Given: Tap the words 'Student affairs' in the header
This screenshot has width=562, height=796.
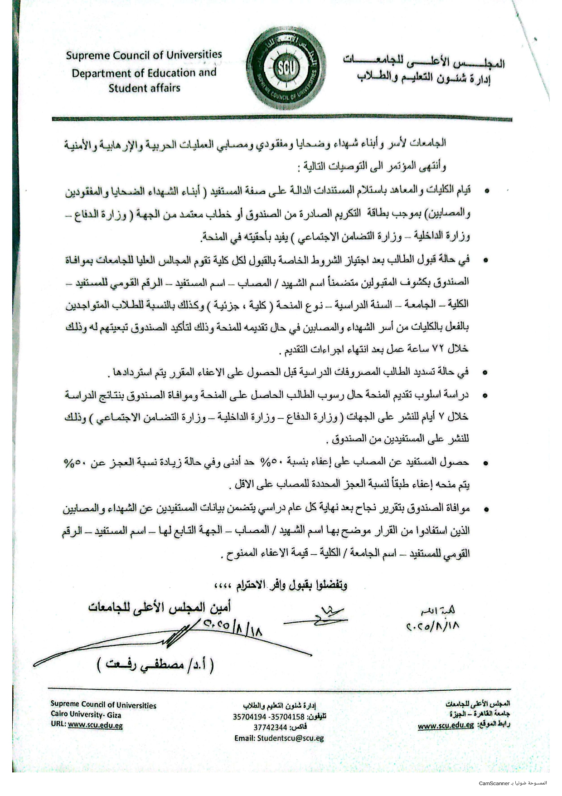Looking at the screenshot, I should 144,88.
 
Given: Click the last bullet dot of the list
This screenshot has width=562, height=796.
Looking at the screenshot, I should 486,509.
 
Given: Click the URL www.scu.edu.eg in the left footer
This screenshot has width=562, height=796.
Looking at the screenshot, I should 95,725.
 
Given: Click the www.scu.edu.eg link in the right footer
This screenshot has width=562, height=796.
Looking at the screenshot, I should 446,726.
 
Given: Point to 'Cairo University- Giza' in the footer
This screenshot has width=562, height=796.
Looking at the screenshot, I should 86,715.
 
